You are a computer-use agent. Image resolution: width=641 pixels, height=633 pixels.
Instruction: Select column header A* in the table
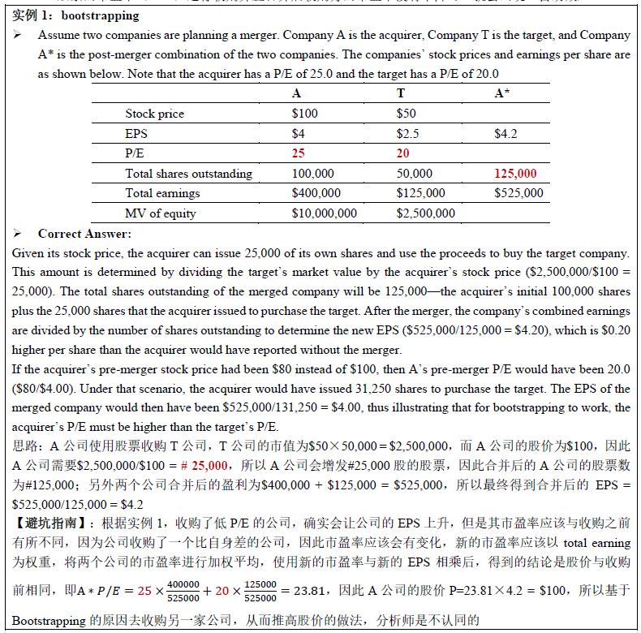pyautogui.click(x=502, y=93)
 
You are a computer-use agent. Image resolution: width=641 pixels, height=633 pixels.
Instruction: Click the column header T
pyautogui.click(x=400, y=93)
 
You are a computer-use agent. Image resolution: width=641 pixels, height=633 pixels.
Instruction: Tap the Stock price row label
pyautogui.click(x=154, y=114)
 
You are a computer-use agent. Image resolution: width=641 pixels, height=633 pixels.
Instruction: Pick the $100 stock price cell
pyautogui.click(x=305, y=114)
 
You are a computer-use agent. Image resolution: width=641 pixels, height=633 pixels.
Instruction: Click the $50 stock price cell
pyautogui.click(x=406, y=114)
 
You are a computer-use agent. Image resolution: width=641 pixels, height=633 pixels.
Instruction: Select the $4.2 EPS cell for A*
pyautogui.click(x=506, y=133)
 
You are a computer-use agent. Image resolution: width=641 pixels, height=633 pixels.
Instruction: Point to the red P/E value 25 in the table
pyautogui.click(x=298, y=153)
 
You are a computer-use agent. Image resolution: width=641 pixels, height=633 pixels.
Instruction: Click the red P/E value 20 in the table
pyautogui.click(x=402, y=153)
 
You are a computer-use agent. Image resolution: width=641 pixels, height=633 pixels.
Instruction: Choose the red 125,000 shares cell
pyautogui.click(x=515, y=173)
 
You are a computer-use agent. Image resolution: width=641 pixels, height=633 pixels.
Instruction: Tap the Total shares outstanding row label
pyautogui.click(x=188, y=173)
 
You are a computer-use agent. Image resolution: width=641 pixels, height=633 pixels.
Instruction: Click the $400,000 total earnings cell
pyautogui.click(x=316, y=193)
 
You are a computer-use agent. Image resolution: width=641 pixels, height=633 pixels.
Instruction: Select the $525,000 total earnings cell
pyautogui.click(x=518, y=193)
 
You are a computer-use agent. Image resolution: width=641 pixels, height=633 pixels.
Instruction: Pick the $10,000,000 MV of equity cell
pyautogui.click(x=324, y=213)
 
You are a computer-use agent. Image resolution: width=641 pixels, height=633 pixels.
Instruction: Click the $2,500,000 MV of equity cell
pyautogui.click(x=425, y=213)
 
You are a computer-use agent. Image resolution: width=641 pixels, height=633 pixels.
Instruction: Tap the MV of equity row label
pyautogui.click(x=161, y=213)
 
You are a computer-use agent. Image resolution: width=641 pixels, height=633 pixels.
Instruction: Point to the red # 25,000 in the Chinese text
pyautogui.click(x=204, y=465)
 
